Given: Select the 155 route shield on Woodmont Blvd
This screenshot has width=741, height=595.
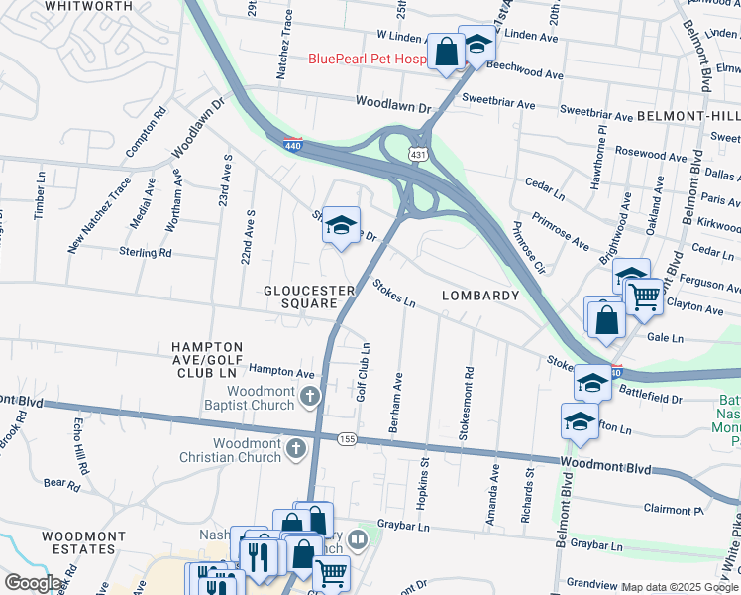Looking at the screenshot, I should (x=347, y=438).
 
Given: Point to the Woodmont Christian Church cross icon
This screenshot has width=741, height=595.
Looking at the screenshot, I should (x=295, y=450).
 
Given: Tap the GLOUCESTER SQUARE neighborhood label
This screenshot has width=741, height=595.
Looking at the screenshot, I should (x=309, y=297).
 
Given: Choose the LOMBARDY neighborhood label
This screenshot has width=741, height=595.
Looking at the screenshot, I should (x=479, y=296).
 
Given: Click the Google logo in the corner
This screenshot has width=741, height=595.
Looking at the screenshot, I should (x=33, y=583).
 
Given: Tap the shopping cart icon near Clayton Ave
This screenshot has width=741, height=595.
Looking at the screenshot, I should (x=645, y=295).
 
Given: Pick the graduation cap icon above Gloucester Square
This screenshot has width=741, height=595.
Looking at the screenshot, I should (x=340, y=226).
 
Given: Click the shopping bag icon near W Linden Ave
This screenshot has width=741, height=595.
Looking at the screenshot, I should (x=447, y=51).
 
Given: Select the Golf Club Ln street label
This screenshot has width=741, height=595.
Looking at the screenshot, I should (x=365, y=372).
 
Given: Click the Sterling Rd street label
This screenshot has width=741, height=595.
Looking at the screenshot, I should (x=145, y=253).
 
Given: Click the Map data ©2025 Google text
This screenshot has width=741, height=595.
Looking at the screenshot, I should (x=680, y=588).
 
